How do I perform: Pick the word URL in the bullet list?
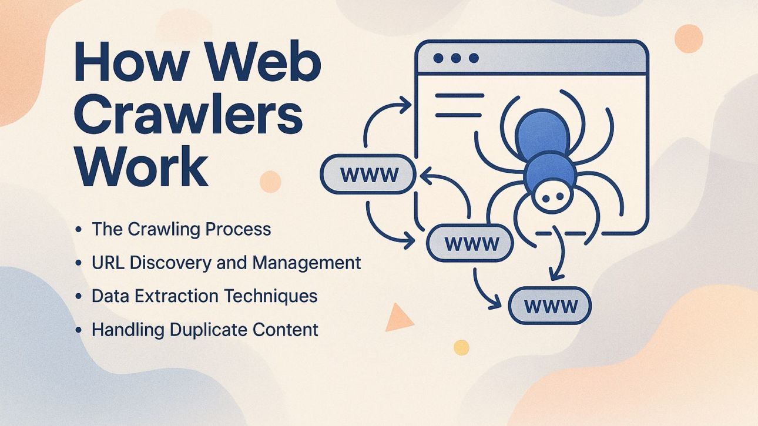tap(108, 262)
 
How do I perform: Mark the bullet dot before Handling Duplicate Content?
tap(79, 330)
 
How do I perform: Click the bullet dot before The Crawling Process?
tap(79, 230)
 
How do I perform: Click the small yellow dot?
tap(462, 347)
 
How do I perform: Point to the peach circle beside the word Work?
tap(270, 182)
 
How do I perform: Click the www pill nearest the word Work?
tap(368, 175)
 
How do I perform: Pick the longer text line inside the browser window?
tap(460, 96)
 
